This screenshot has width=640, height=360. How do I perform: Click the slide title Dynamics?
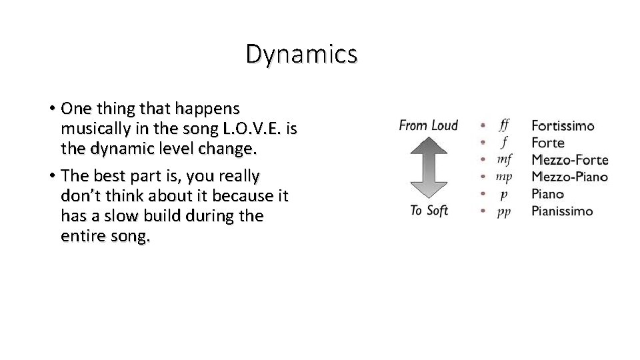301,54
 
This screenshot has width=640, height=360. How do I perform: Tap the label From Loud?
428,125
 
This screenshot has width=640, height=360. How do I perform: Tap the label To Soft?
428,211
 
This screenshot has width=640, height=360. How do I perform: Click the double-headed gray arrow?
428,168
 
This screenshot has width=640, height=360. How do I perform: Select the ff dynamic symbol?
504,125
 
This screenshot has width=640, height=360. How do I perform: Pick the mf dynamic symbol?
504,159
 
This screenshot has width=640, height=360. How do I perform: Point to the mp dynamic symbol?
504,177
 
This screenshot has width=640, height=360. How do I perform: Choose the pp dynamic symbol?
504,211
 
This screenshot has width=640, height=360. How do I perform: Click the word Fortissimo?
563,125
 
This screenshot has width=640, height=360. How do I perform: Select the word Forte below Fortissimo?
547,143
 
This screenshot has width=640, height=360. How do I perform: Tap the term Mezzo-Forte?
569,160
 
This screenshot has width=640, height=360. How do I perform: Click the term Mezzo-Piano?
569,177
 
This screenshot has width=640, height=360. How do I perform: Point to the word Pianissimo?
561,211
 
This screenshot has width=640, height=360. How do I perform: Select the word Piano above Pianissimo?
547,194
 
